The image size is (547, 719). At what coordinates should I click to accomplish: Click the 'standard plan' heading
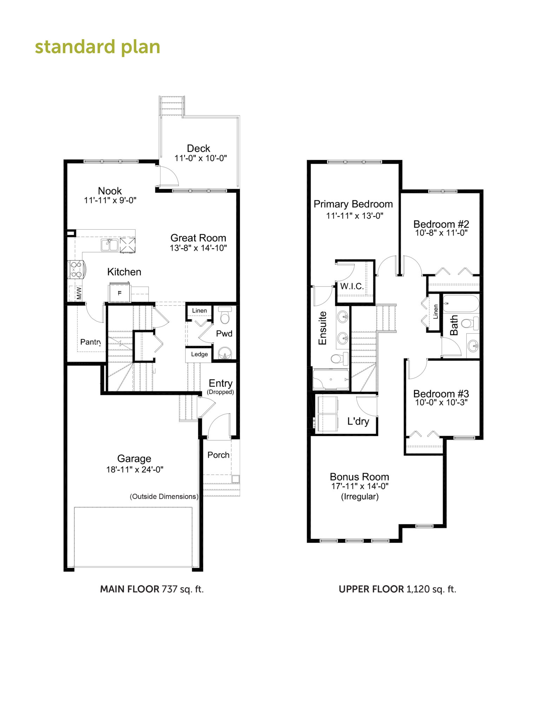point(98,47)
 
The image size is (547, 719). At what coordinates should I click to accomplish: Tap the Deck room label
point(198,148)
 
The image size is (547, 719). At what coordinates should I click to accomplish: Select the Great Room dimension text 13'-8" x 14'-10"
point(198,248)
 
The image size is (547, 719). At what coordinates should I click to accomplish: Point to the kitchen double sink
point(110,245)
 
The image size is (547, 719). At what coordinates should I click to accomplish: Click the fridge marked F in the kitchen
point(119,292)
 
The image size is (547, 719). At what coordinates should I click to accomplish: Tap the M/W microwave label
point(79,293)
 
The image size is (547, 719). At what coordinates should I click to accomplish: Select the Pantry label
point(91,342)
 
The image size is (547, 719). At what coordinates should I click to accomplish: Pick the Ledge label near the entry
point(199,354)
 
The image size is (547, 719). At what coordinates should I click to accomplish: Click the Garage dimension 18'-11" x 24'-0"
point(135,469)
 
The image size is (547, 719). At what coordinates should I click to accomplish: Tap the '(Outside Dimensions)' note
point(164,496)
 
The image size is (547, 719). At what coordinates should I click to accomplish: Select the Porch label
point(218,455)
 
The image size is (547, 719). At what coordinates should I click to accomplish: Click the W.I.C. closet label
point(352,286)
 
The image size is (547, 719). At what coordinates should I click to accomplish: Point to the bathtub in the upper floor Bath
point(461,304)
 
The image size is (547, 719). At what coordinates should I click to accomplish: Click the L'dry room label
point(358,421)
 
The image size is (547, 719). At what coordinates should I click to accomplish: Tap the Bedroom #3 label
point(441,394)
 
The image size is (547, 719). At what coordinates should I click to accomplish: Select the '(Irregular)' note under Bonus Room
point(360,496)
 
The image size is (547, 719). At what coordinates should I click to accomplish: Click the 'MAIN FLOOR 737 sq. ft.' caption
point(152,589)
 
